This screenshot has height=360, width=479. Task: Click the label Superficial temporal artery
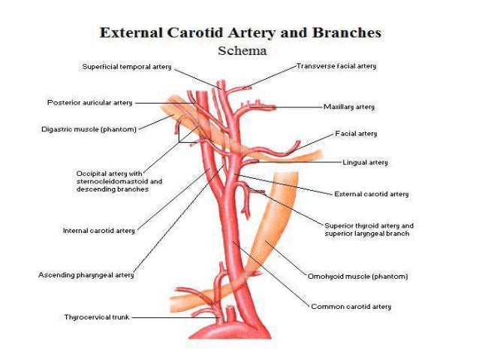126,67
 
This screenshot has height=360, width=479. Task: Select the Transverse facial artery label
336,66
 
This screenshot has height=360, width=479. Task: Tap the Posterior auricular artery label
89,102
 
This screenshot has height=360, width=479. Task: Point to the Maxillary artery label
348,107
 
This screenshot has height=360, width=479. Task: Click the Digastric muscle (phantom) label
89,129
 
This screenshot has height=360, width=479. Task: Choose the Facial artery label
356,134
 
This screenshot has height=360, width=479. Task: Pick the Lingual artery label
365,162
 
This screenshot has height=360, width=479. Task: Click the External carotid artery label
371,194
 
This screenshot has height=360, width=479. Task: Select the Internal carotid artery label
98,231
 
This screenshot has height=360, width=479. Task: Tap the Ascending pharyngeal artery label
86,275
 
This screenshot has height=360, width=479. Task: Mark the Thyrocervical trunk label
97,317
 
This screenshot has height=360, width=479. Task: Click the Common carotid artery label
351,307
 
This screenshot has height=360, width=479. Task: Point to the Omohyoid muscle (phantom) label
357,276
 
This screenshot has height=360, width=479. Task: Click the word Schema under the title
243,51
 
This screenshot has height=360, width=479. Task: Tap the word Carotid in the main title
197,33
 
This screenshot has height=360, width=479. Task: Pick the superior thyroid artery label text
368,229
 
